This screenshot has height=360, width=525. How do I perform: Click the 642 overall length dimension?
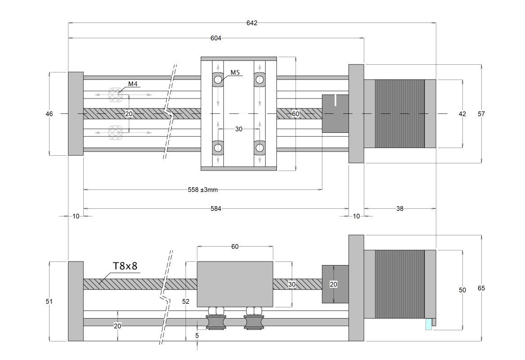point(252,23)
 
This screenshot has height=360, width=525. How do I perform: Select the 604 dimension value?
point(216,38)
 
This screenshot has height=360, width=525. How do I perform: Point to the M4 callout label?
point(133,84)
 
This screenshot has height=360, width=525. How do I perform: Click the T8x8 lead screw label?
point(125,266)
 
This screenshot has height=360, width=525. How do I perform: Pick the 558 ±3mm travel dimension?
point(203,190)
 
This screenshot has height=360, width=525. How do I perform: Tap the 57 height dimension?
point(481,114)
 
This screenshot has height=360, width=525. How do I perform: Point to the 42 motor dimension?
point(462,114)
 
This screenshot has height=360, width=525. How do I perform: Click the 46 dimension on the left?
point(49,114)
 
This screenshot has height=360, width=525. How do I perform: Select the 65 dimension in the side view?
point(481,288)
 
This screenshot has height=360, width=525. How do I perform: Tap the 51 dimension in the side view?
point(49,301)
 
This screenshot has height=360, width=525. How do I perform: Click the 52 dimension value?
point(186,301)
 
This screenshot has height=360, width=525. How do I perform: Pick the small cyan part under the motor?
point(428,324)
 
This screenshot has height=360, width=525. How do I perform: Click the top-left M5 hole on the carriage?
point(218,80)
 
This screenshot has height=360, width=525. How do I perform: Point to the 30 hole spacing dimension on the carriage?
point(239,129)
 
